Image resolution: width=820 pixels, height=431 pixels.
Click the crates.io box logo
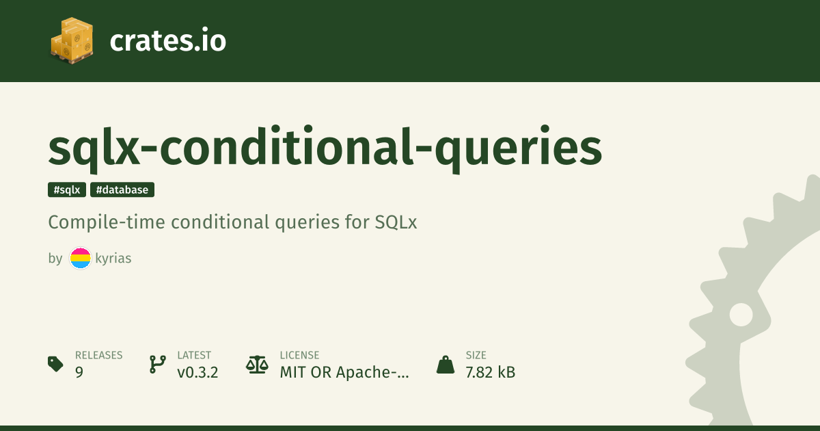click(72, 40)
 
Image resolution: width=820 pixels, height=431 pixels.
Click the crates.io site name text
click(168, 40)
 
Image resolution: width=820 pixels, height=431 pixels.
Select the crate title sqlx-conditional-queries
click(325, 148)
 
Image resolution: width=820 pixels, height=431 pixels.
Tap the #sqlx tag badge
click(67, 190)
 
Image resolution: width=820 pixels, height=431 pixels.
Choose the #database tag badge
click(122, 190)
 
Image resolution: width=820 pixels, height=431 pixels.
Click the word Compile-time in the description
click(107, 222)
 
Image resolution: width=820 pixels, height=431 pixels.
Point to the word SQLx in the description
click(396, 222)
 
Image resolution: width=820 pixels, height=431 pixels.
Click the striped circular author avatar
click(80, 258)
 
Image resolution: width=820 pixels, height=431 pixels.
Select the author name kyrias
click(113, 259)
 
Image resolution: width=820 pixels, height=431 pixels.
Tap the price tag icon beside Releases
click(55, 364)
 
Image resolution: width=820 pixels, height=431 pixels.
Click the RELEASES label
click(99, 355)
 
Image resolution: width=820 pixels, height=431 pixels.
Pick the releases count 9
click(79, 372)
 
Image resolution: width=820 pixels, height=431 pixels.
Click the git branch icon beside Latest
click(158, 364)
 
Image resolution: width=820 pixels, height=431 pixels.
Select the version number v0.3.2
click(197, 372)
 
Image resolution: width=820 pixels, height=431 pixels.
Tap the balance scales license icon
click(257, 364)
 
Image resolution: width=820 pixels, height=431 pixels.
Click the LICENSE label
click(299, 355)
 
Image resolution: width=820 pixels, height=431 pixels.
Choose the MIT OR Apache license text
click(344, 372)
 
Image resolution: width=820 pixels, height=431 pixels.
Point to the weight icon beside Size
click(446, 365)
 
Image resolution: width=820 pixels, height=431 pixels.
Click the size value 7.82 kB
click(491, 372)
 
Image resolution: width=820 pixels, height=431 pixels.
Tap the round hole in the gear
click(741, 315)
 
